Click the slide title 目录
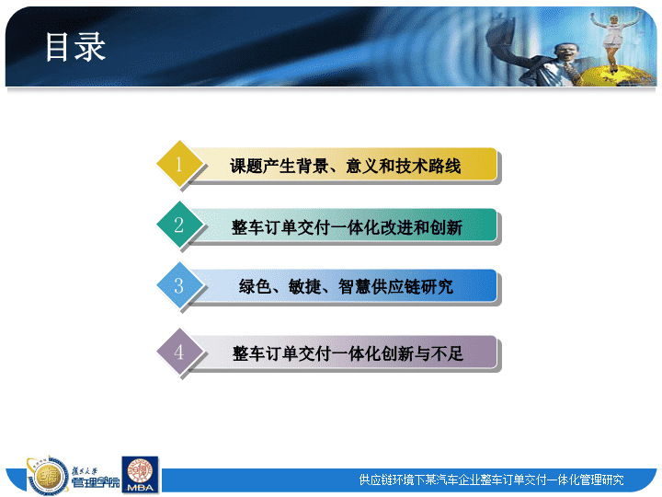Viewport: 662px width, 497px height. click(75, 47)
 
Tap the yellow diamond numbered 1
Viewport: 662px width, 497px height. click(179, 164)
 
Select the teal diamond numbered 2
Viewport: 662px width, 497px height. click(179, 225)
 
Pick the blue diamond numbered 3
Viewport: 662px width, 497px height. click(179, 285)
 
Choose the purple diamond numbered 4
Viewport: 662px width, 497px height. click(179, 352)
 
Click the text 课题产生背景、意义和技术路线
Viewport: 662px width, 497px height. click(345, 166)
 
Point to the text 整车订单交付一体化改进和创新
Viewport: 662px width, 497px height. click(347, 227)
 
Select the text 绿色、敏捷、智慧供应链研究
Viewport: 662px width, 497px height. click(346, 287)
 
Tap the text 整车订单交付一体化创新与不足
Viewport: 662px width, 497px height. click(348, 353)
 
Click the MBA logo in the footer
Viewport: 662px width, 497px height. click(140, 475)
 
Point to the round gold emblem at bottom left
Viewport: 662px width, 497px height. click(47, 477)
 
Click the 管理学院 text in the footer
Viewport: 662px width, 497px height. click(96, 482)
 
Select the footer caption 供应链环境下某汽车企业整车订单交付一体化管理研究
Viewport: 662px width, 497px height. click(491, 480)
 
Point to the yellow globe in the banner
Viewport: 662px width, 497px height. click(614, 76)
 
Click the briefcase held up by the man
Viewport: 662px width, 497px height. click(503, 35)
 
